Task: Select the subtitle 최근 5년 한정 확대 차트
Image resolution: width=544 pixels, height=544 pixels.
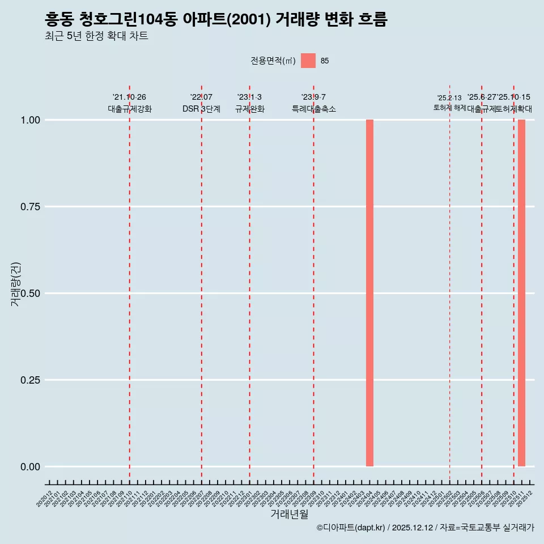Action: tap(96, 36)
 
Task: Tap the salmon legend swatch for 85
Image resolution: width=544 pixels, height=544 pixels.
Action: tap(308, 61)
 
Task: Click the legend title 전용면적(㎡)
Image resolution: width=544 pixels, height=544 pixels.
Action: tap(273, 61)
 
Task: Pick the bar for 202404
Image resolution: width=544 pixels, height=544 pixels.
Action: tap(369, 293)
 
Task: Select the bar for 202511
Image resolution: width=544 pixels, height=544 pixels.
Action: tap(521, 293)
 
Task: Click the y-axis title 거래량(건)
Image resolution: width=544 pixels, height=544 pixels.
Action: tap(15, 284)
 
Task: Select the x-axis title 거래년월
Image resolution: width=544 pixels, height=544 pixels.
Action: tap(290, 514)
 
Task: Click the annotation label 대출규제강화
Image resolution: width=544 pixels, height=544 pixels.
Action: tap(130, 109)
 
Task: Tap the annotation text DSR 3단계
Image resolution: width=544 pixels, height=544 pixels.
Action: tap(201, 109)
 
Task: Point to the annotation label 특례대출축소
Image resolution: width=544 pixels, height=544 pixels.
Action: tap(314, 109)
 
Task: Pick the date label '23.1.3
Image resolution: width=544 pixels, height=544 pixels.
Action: tap(249, 97)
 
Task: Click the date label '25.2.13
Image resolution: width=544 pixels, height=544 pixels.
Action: tap(449, 98)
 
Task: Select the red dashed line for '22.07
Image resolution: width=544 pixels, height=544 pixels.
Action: tap(201, 283)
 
